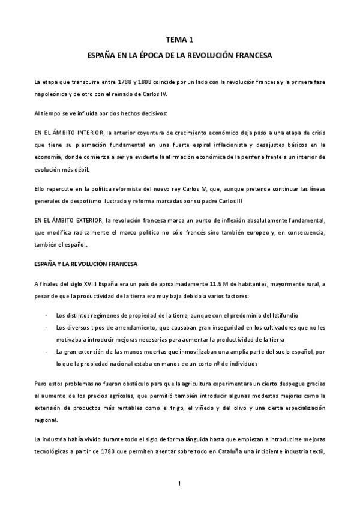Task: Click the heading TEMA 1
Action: tap(180, 40)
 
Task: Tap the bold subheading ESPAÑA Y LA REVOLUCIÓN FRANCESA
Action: tap(95, 247)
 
